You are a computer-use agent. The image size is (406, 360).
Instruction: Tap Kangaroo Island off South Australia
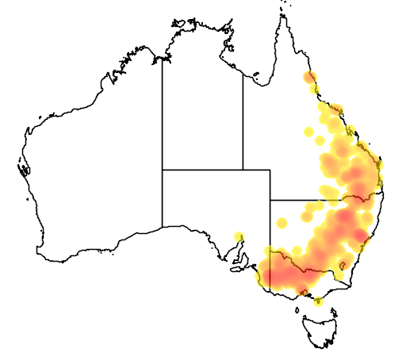[x=237, y=268]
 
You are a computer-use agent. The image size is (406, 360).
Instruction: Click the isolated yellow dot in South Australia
[x=239, y=236]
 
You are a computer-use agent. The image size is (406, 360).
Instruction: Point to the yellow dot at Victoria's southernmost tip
[x=318, y=301]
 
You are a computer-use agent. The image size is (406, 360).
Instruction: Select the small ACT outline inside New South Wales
[x=341, y=277]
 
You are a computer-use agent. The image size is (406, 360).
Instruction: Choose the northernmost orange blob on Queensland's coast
[x=310, y=78]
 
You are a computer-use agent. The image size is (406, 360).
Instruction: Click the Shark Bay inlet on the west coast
[x=25, y=168]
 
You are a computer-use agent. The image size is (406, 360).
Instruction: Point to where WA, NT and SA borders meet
[x=163, y=169]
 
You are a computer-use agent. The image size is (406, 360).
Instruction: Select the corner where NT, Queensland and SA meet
[x=243, y=169]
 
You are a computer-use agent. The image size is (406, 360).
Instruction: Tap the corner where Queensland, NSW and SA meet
[x=270, y=200]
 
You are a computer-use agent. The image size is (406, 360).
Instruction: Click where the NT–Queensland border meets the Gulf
[x=243, y=79]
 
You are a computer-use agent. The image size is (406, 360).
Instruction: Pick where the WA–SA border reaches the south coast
[x=163, y=227]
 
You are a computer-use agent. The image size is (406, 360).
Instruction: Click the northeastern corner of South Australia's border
[x=270, y=169]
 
